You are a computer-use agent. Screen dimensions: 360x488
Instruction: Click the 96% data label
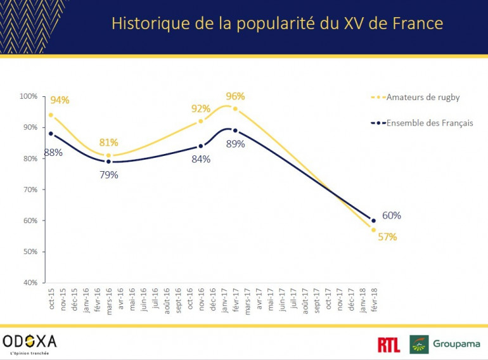235,96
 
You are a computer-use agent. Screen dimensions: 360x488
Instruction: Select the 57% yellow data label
387,237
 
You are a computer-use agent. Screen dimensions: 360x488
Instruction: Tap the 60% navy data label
391,215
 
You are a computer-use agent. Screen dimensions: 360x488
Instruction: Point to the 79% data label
109,175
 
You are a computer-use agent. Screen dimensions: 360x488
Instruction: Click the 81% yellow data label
109,143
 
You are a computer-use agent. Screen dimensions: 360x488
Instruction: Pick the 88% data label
53,152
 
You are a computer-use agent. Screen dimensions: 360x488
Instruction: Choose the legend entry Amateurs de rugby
423,97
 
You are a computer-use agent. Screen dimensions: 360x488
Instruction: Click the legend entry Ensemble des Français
429,123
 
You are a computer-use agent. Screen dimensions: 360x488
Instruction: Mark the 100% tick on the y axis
29,96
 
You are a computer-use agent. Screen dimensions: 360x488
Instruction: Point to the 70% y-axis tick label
30,190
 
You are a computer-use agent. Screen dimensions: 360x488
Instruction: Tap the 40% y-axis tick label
30,283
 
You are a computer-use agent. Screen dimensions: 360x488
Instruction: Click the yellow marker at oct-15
51,115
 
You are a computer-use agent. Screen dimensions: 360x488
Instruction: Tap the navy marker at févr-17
236,131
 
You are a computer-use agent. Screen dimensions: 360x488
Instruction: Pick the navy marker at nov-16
201,146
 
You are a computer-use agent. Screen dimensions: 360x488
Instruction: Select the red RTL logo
388,345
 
